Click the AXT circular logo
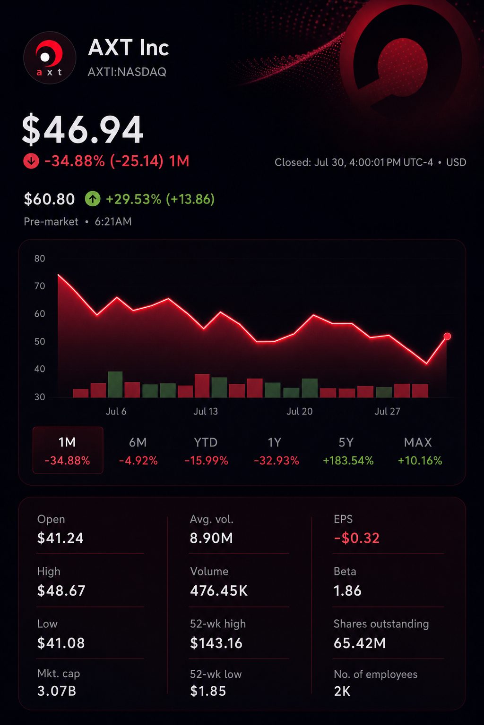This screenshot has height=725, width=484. pyautogui.click(x=50, y=58)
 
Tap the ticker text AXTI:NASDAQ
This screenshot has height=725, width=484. pyautogui.click(x=127, y=72)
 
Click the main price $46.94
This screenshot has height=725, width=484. pyautogui.click(x=82, y=129)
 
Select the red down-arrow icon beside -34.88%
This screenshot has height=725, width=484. pyautogui.click(x=31, y=161)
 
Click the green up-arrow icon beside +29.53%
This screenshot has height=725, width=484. pyautogui.click(x=93, y=199)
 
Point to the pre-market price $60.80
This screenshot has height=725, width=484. pyautogui.click(x=49, y=199)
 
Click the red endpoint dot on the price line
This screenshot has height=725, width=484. pyautogui.click(x=447, y=336)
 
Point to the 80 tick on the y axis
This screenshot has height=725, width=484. pyautogui.click(x=40, y=258)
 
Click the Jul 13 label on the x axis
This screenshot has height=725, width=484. pyautogui.click(x=206, y=411)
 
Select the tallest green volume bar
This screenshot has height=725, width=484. pyautogui.click(x=115, y=384)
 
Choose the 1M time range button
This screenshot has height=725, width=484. pyautogui.click(x=68, y=450)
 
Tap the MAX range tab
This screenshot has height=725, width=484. pyautogui.click(x=420, y=451)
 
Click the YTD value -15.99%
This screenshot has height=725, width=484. pyautogui.click(x=206, y=460)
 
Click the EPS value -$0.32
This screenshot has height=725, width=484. pyautogui.click(x=356, y=538)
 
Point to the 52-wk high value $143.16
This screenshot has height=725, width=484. pyautogui.click(x=216, y=643)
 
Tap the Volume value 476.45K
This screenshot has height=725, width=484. pyautogui.click(x=219, y=590)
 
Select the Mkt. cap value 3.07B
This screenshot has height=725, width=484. pyautogui.click(x=57, y=691)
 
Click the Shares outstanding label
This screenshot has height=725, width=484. pyautogui.click(x=381, y=624)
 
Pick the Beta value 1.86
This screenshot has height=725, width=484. pyautogui.click(x=347, y=590)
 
